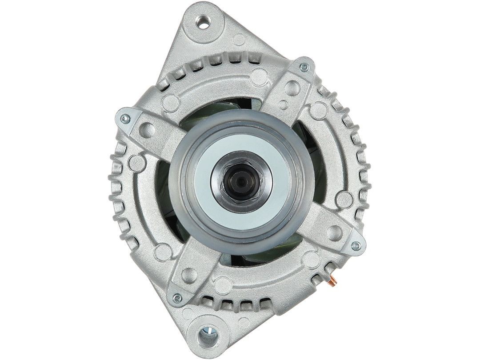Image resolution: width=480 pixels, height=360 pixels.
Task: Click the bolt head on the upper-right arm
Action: tap(304, 67)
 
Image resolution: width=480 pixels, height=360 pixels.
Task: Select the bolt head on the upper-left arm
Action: tap(125, 118)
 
